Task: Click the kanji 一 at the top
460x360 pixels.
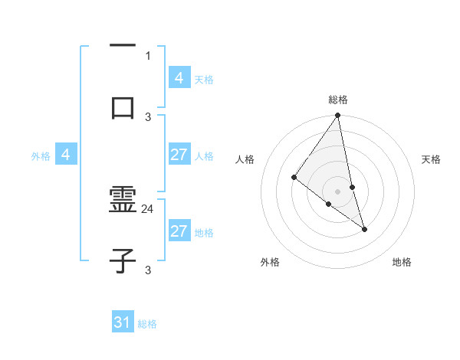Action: coord(123,46)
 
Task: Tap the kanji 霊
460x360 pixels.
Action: coord(123,201)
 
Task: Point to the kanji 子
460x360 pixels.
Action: coord(123,261)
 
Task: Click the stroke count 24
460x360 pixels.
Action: coord(148,208)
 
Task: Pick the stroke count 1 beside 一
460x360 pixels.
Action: coord(148,55)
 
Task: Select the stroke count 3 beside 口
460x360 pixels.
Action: coord(148,116)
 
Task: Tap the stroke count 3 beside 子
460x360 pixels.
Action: coord(148,270)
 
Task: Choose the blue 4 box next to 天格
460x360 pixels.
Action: coord(179,77)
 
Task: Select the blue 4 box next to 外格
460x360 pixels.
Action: coord(66,155)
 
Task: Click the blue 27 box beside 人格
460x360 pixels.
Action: coord(179,155)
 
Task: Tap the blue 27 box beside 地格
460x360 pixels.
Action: coord(179,231)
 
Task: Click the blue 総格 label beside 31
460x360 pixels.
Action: coord(147,324)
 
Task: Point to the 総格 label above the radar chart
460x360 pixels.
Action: coord(337,100)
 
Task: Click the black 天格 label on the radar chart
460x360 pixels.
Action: coord(432,159)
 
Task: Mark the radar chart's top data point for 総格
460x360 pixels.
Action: coord(337,116)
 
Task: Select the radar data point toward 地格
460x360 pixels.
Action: coord(364,229)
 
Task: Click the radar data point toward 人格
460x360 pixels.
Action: coord(294,178)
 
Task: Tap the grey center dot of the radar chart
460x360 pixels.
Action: coord(337,191)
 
